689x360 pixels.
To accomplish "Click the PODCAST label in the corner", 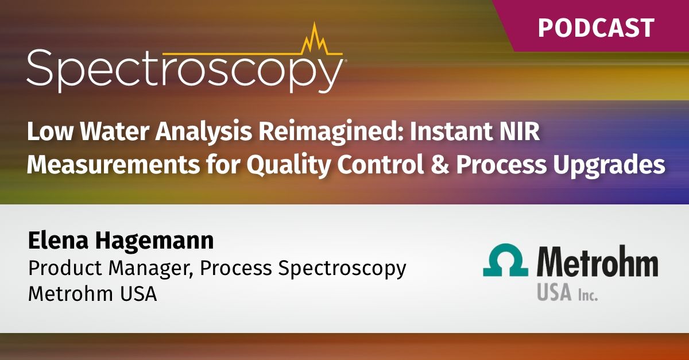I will point(595,27).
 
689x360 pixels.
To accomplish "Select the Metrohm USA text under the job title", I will point(92,295).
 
